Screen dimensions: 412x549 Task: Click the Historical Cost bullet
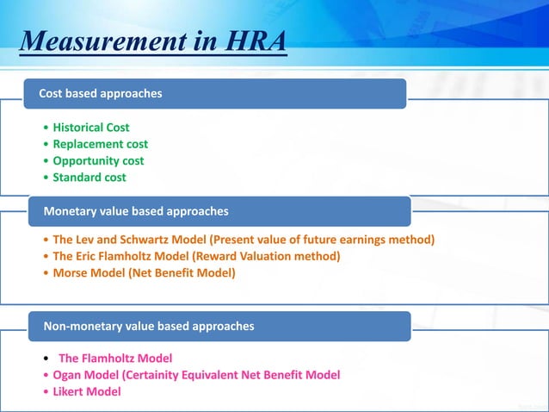pos(91,128)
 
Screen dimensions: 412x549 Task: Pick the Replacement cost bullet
pos(100,144)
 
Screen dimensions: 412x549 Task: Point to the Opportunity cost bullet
pos(98,160)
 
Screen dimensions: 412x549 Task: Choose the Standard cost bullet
pos(89,178)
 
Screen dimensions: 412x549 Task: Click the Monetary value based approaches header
pos(135,210)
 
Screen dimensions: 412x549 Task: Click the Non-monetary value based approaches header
pos(148,326)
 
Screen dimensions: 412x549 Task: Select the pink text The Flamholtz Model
pos(115,358)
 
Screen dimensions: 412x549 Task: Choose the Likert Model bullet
pos(87,391)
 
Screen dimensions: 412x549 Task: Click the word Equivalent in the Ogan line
pos(225,375)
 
